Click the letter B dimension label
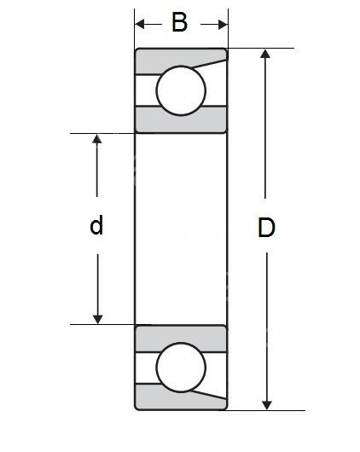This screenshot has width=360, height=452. tap(179, 22)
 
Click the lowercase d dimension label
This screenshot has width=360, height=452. tap(96, 224)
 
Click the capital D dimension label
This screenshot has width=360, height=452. tap(266, 228)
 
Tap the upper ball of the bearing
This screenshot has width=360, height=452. tap(181, 90)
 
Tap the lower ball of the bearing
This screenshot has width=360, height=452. tap(181, 368)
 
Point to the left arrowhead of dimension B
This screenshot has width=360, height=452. tap(139, 24)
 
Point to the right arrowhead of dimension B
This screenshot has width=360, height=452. tap(223, 24)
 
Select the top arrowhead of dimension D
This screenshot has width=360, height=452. tap(265, 54)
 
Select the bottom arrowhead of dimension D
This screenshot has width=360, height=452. tap(267, 405)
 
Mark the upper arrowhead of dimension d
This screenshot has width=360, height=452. tap(97, 139)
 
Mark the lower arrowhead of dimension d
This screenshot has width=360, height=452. tap(98, 319)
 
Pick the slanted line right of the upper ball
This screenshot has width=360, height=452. tap(209, 64)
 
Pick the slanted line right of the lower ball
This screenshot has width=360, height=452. tap(209, 395)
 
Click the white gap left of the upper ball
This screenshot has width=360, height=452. tap(146, 90)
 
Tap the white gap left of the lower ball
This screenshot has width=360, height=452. tap(146, 368)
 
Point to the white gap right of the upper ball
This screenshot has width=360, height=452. tap(217, 85)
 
